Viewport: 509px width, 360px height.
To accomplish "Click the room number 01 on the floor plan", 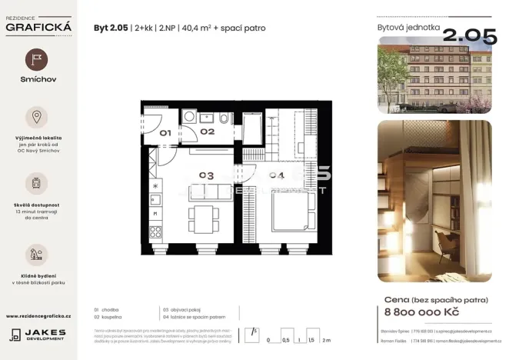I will click(165, 132).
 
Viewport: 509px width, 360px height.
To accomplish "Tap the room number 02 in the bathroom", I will click(207, 132).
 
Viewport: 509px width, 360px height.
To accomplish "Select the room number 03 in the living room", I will click(206, 175).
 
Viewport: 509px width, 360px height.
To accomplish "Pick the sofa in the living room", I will click(208, 192).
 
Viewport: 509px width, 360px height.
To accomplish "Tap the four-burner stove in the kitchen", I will click(155, 231).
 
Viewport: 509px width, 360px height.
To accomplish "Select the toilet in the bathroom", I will click(223, 118).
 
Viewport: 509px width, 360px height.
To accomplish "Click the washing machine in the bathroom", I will click(189, 117).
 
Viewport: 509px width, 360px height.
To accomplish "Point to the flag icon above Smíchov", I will click(37, 60).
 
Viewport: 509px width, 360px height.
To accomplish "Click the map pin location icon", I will click(37, 117).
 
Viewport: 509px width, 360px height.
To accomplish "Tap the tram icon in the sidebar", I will click(37, 183).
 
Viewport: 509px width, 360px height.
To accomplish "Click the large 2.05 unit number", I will click(466, 36).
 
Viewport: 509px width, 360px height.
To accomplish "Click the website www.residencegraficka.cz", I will click(38, 316).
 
